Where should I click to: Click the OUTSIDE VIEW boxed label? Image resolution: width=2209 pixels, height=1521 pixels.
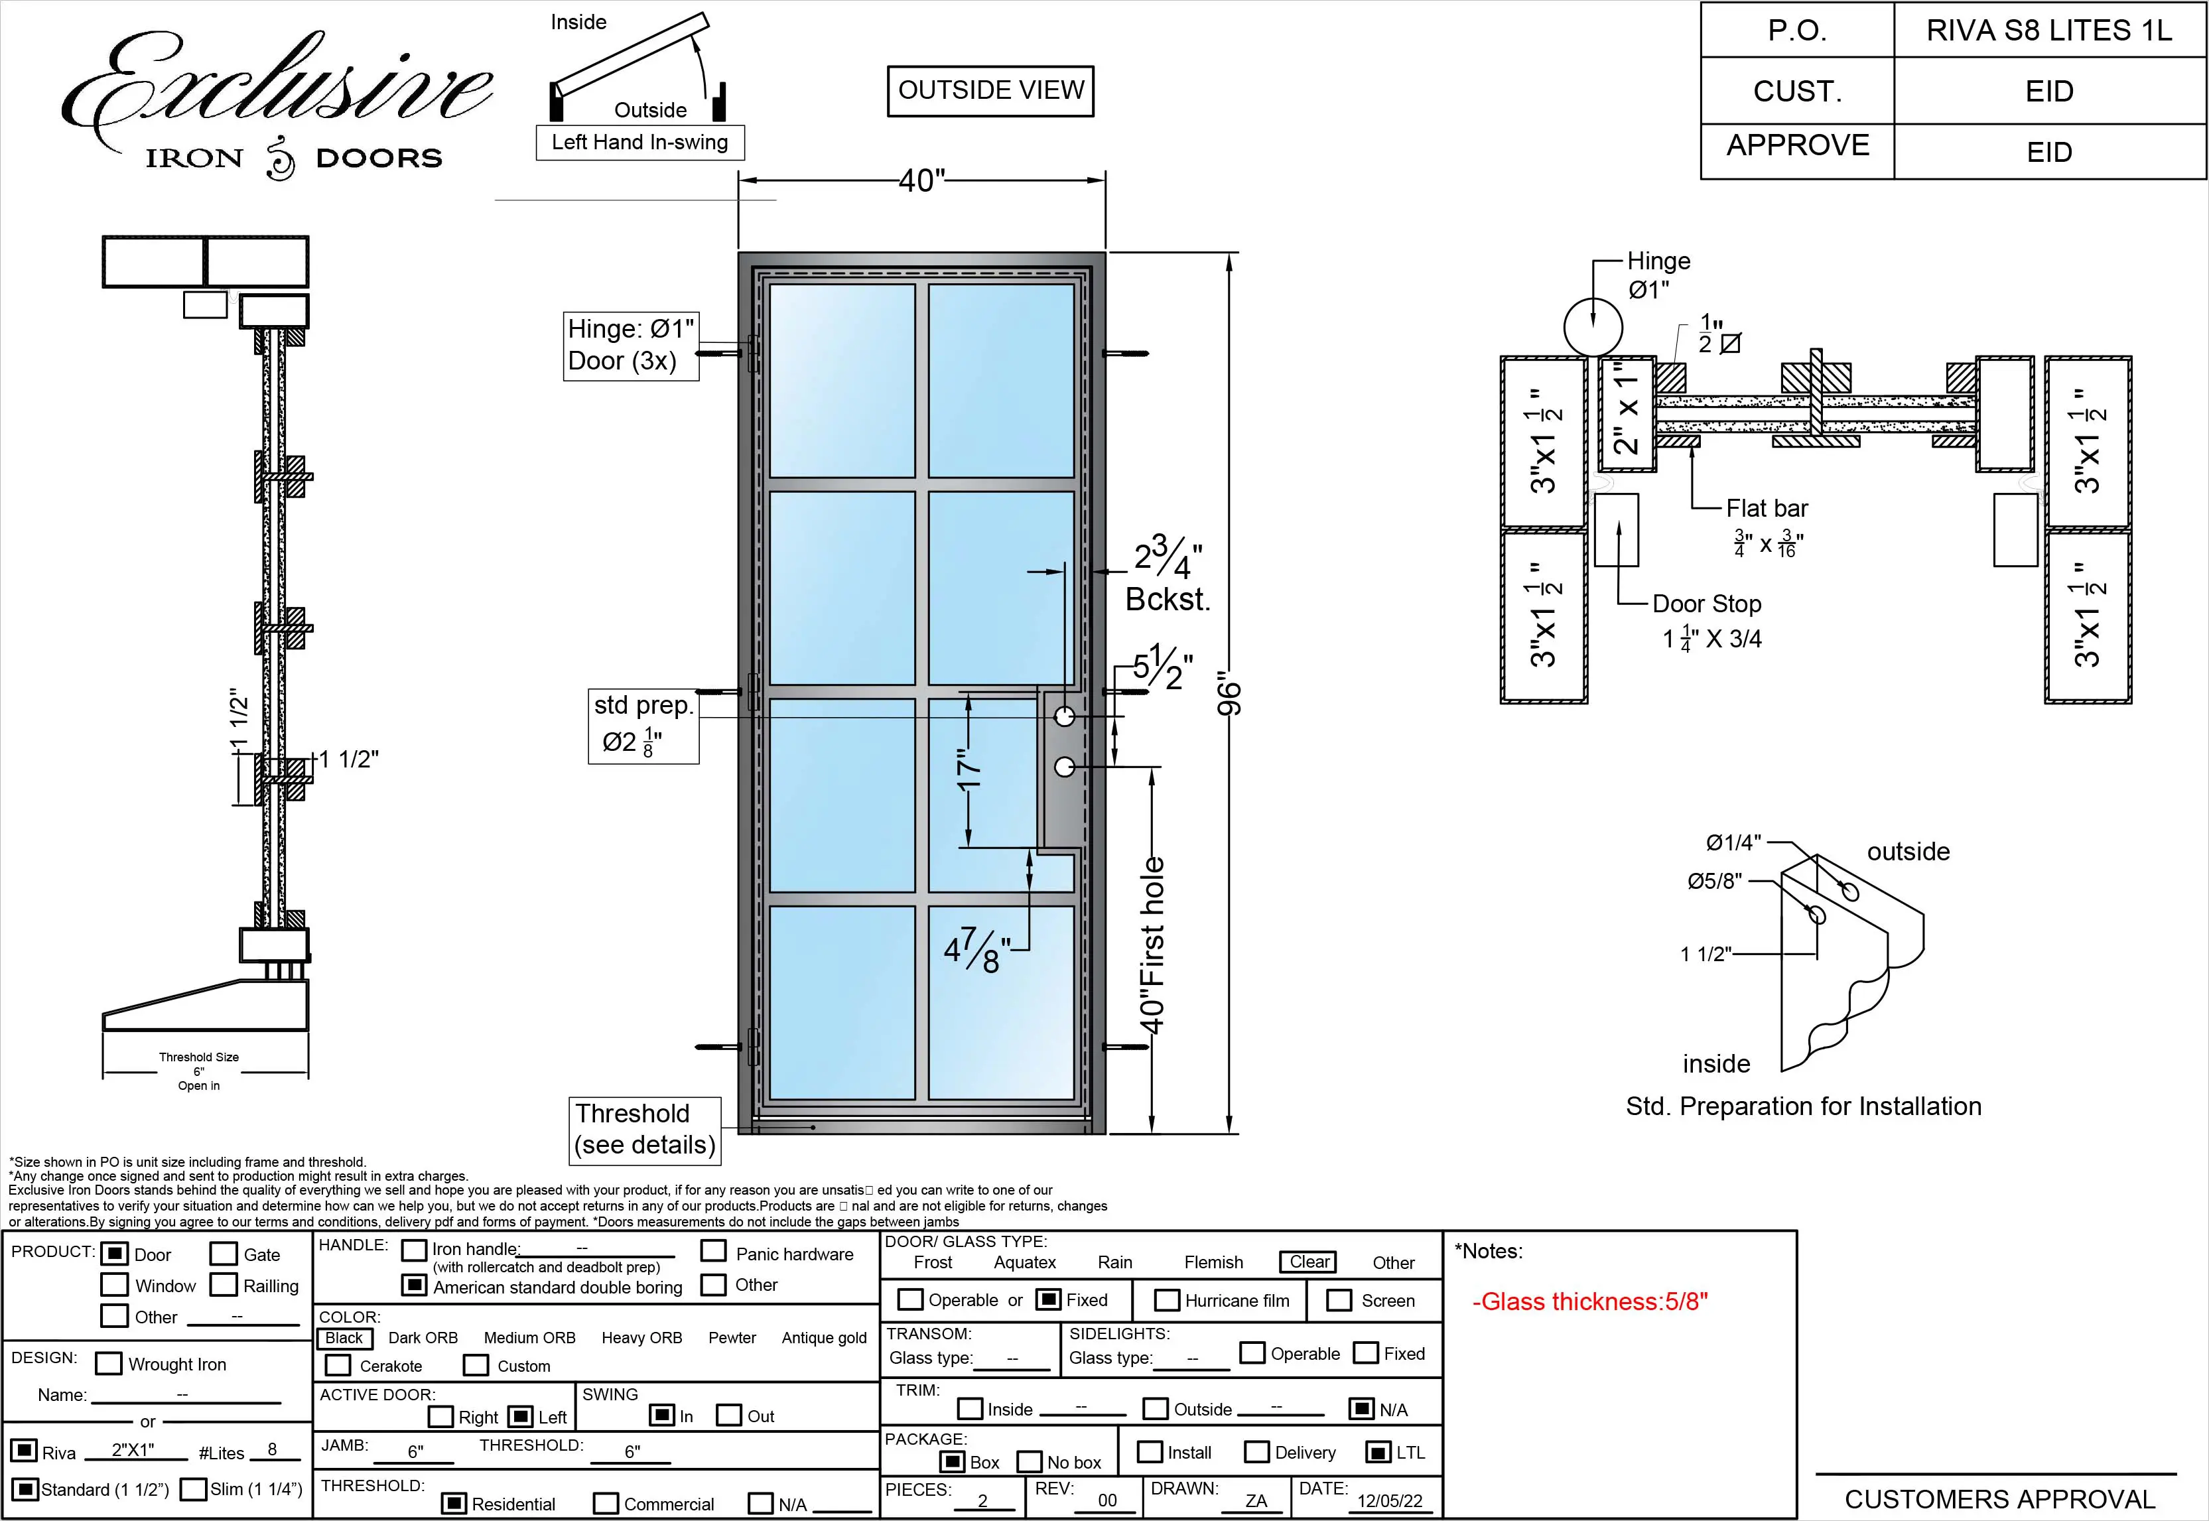990,90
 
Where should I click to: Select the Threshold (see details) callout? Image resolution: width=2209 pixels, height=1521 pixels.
644,1130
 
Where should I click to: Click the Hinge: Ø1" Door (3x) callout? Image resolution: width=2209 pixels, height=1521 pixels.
631,345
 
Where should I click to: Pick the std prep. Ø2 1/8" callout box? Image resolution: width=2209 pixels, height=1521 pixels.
643,725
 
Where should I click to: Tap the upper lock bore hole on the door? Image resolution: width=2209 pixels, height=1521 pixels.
1065,716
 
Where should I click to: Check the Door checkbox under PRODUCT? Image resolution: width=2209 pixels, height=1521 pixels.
114,1253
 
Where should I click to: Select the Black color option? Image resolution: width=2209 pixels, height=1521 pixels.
343,1338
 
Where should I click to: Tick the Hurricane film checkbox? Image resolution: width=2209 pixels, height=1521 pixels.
1166,1300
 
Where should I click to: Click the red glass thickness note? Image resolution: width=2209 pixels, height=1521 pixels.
1589,1302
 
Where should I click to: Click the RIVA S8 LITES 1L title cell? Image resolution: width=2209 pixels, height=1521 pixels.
2049,31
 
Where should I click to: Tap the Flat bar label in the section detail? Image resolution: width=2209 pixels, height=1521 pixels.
1766,509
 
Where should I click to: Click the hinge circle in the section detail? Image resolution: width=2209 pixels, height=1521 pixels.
1593,327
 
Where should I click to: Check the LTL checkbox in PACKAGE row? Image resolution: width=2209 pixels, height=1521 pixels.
1378,1453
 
